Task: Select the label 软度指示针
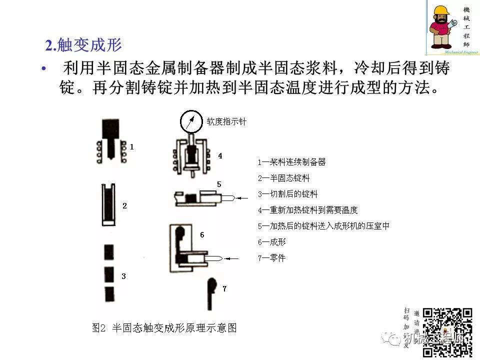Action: [x=226, y=121]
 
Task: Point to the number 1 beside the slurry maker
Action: [x=131, y=147]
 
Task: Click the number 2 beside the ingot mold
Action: [x=124, y=205]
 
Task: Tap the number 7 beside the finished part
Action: [x=224, y=288]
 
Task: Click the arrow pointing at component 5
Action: [x=242, y=198]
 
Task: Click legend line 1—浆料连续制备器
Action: [x=291, y=162]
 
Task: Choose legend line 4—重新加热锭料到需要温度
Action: [x=307, y=210]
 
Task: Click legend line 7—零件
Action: [x=271, y=258]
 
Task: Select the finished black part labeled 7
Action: [x=211, y=293]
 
